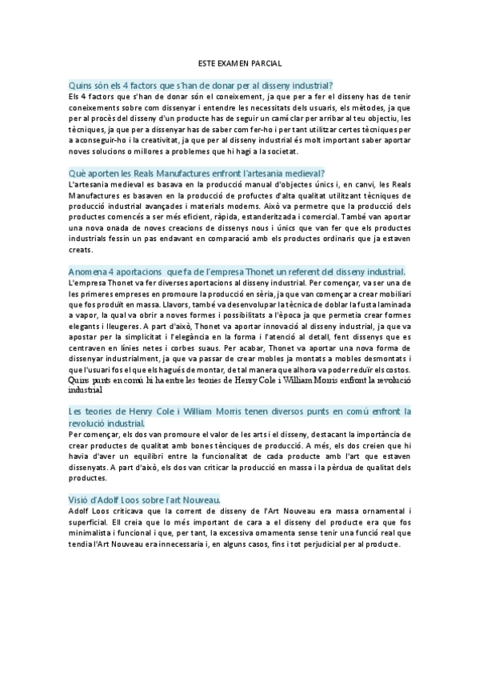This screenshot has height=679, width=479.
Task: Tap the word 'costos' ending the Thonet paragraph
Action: pyautogui.click(x=396, y=370)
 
